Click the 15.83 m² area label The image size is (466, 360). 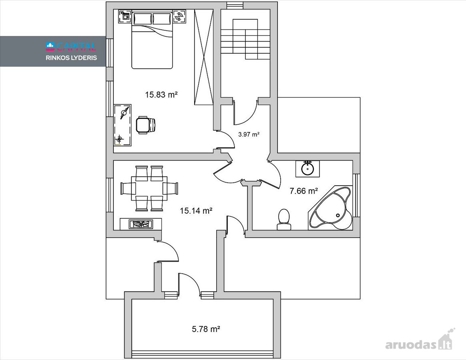click(161, 95)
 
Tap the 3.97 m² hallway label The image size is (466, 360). click(249, 134)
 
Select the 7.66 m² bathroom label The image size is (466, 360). click(304, 191)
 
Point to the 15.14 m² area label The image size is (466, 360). click(196, 211)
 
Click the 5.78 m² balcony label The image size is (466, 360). click(206, 329)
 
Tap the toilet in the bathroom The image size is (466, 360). click(284, 220)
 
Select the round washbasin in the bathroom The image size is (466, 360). click(307, 169)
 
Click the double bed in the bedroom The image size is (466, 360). click(152, 40)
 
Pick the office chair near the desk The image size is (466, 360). click(146, 125)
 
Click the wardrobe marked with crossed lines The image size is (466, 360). click(204, 57)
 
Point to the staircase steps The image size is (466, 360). click(245, 39)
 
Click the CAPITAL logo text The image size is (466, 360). click(71, 46)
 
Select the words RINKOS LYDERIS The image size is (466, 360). click(71, 58)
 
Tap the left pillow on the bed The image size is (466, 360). click(143, 19)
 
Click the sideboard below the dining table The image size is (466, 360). click(141, 224)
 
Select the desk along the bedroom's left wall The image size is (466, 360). click(123, 125)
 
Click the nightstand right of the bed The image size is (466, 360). click(179, 16)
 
